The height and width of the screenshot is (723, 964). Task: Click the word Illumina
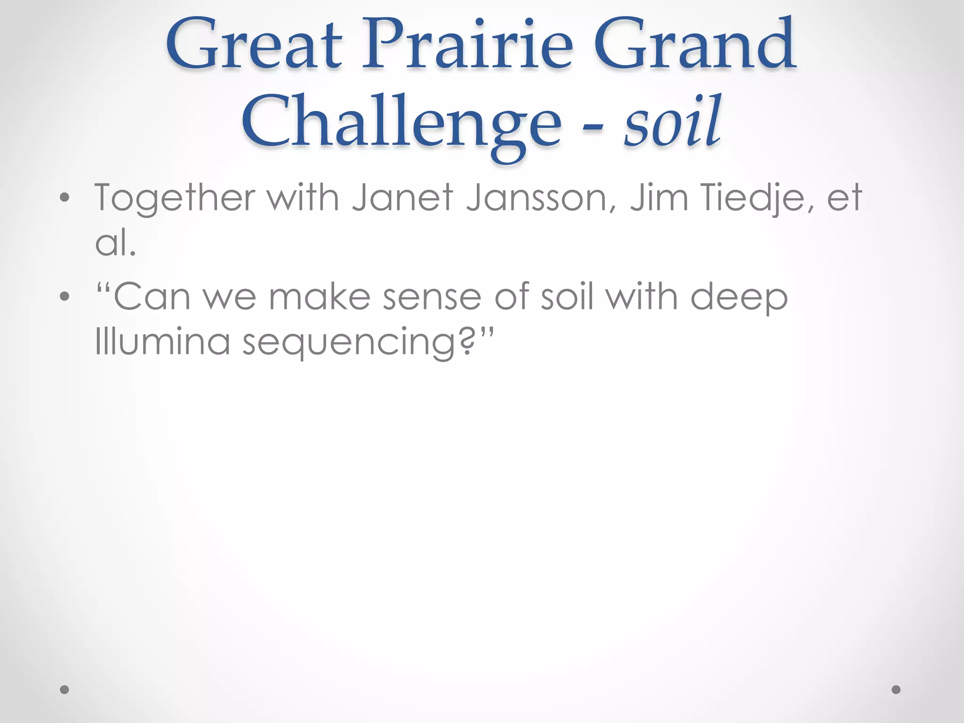(x=162, y=341)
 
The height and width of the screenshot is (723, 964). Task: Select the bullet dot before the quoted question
(x=64, y=297)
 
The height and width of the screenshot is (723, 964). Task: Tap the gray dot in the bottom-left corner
(x=64, y=690)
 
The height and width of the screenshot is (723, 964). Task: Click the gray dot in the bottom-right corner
(x=896, y=690)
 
